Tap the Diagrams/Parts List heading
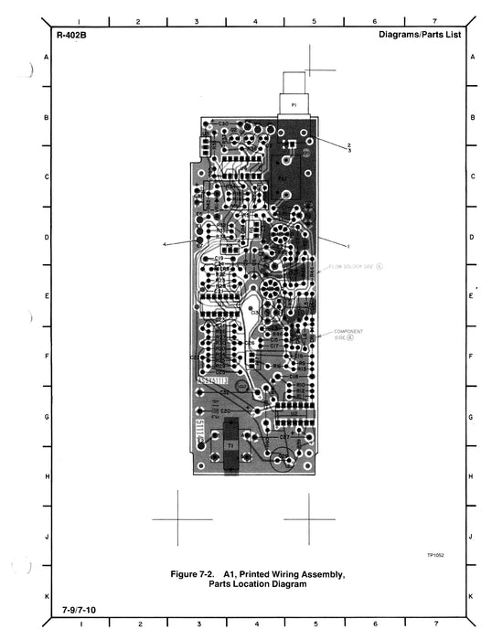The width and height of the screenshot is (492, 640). (419, 35)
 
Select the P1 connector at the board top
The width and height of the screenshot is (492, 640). (294, 106)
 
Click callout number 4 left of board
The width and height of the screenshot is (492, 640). (165, 244)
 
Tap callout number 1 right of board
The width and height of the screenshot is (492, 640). (348, 245)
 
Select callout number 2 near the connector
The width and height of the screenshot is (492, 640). (348, 144)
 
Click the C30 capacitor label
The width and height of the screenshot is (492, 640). (222, 123)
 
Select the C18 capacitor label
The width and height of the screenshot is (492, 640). (294, 376)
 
